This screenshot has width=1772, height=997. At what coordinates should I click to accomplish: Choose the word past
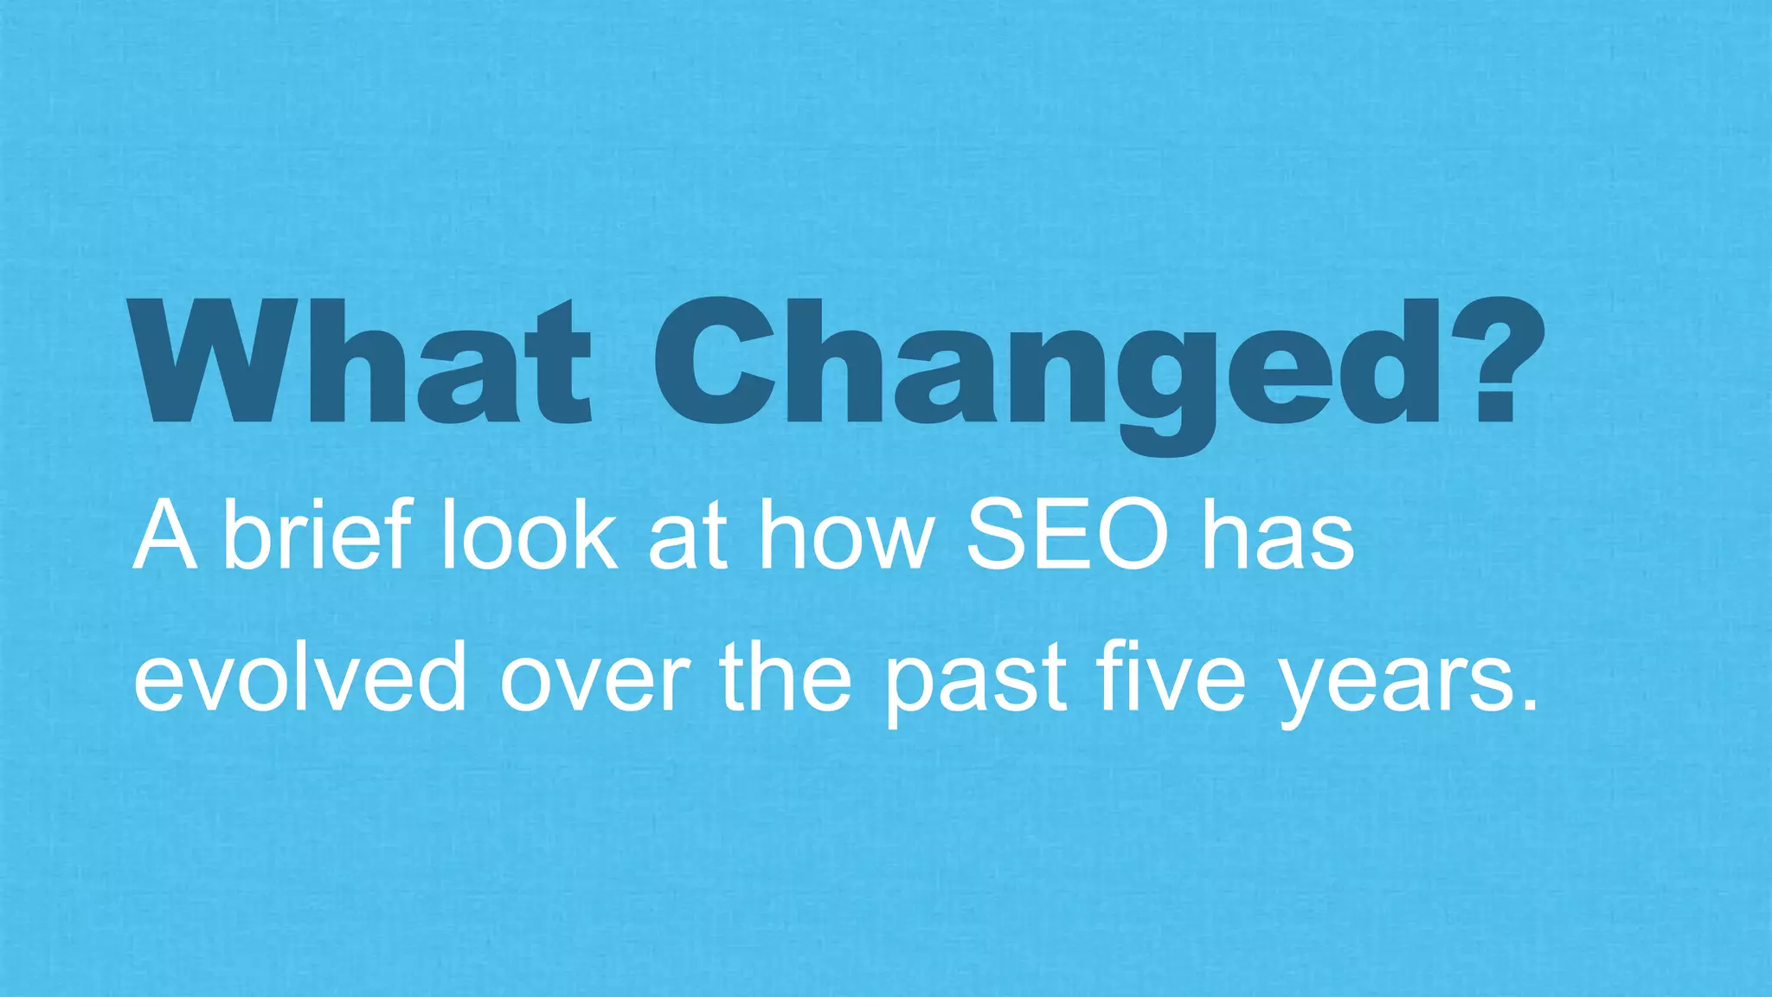[x=974, y=684]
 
